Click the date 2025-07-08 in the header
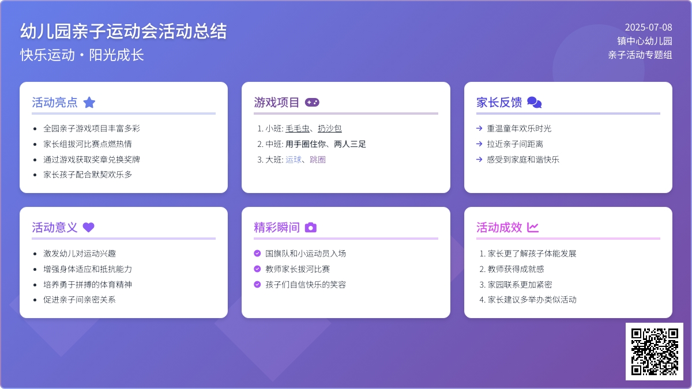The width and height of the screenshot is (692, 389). tap(648, 27)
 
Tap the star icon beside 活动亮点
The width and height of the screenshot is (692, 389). tap(89, 102)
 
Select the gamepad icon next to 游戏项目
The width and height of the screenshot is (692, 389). tap(312, 102)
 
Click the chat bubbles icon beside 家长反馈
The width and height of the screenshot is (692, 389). tap(535, 102)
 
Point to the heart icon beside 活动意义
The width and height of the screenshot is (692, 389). tap(89, 227)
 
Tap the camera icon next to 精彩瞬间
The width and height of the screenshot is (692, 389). tap(311, 227)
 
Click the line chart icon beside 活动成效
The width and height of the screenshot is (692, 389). tap(533, 227)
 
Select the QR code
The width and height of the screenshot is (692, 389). tap(655, 352)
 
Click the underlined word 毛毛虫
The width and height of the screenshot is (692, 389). tap(297, 129)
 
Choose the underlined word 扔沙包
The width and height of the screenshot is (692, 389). tap(330, 129)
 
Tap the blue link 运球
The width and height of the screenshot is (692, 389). tap(294, 160)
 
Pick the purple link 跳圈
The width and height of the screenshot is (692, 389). tap(318, 160)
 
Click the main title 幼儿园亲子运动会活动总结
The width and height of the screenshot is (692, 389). tap(123, 31)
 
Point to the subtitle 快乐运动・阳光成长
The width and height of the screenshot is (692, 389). tap(82, 55)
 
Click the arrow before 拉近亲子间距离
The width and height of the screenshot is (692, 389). tap(479, 144)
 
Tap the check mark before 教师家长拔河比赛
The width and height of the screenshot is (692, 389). tap(257, 269)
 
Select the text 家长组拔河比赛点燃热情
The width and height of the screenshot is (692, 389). tap(88, 144)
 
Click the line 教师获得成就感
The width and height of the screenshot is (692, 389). tap(516, 269)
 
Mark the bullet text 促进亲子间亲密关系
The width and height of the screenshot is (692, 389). tap(80, 300)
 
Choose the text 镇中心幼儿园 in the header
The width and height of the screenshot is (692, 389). tap(645, 41)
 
